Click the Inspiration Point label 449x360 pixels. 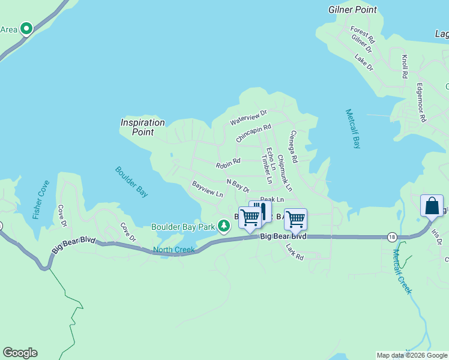tap(142, 127)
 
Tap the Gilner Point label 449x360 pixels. tap(352, 10)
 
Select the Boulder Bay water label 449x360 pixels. tap(131, 182)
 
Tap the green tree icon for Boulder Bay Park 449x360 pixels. tap(224, 226)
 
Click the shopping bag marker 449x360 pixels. tap(432, 206)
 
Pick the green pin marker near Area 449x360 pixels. tap(26, 28)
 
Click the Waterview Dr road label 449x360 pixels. tap(248, 118)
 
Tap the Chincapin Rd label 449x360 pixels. tap(253, 133)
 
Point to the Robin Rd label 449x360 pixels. tap(228, 161)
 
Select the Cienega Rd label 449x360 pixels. tap(293, 148)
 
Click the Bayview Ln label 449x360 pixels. tap(207, 189)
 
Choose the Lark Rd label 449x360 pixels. tap(295, 251)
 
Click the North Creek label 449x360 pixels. tap(173, 250)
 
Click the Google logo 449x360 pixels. tap(20, 353)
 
